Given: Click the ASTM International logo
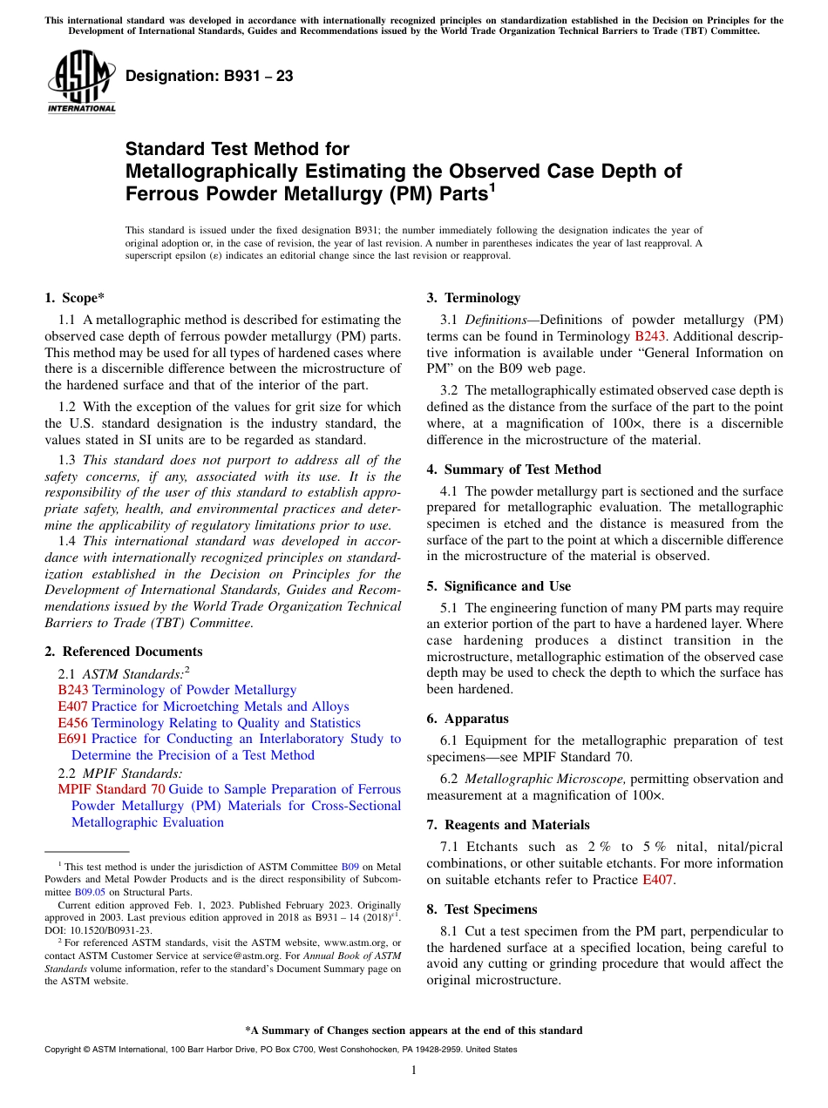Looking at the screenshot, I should (x=81, y=83).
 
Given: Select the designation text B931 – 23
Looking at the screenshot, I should (x=209, y=77).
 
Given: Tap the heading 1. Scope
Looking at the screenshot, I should (x=74, y=298).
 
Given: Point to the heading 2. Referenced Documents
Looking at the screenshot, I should (x=123, y=652).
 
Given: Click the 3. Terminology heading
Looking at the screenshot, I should (x=472, y=298).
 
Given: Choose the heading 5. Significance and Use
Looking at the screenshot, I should (x=499, y=586).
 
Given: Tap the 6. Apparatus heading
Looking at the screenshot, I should (x=467, y=719).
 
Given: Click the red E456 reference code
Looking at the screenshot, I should (x=72, y=723).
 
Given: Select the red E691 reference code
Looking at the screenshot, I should (x=72, y=739).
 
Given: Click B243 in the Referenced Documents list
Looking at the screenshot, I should (x=72, y=690).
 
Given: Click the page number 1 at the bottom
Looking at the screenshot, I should (x=414, y=1071).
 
